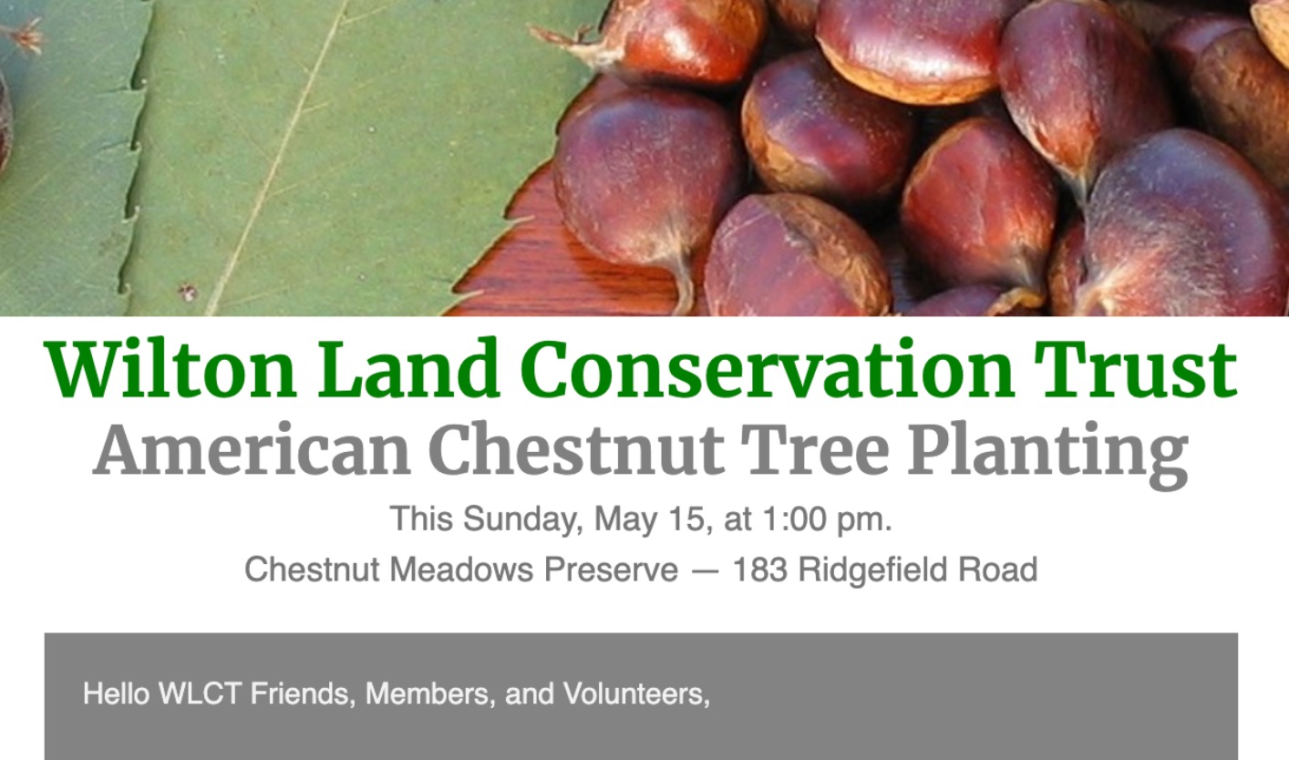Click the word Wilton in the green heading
[x=170, y=369]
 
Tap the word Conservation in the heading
[x=768, y=369]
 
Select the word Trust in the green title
[x=1135, y=369]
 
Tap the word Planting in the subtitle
[x=1048, y=455]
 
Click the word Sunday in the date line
[x=520, y=520]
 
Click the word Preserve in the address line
[x=611, y=570]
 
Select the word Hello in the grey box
[x=117, y=693]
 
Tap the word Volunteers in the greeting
[x=636, y=694]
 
